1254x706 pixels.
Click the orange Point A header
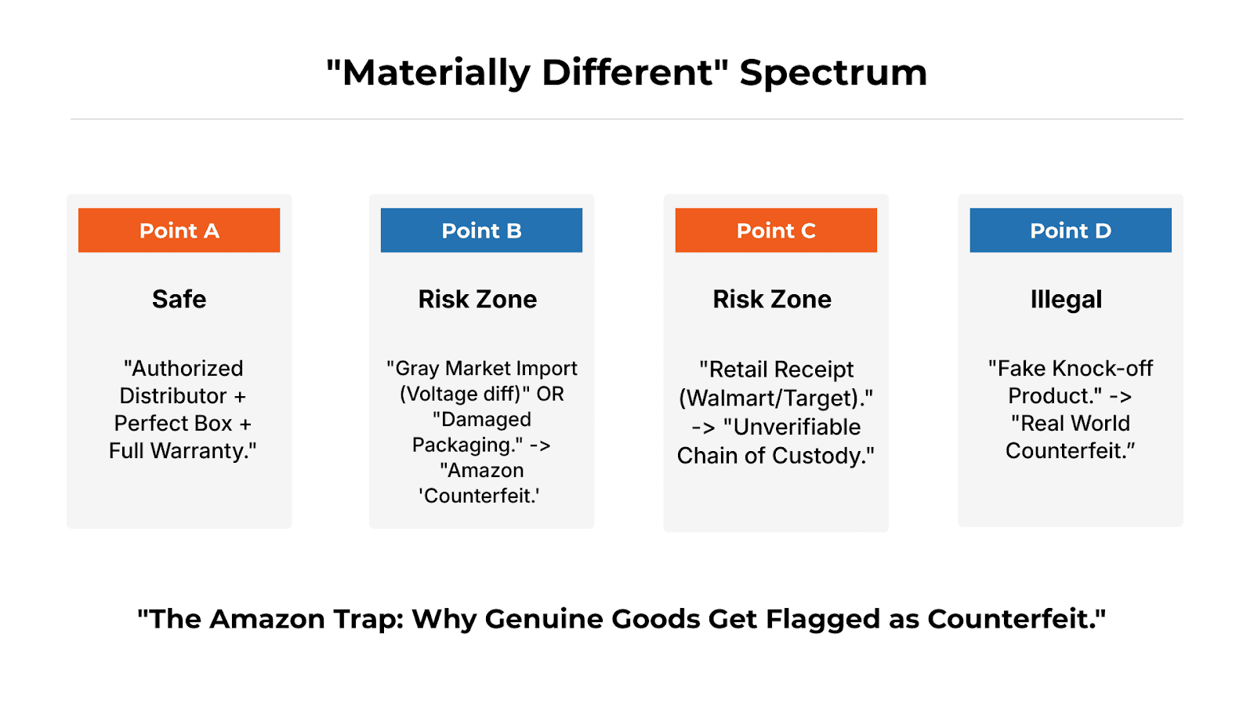179,230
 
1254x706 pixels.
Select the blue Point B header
481,230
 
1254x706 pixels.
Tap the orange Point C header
776,230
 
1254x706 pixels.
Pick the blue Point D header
1071,230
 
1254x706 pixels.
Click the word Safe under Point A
179,299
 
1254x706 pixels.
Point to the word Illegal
1066,299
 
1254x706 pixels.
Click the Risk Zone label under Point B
477,299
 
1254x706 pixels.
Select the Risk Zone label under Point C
772,299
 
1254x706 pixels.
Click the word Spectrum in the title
833,72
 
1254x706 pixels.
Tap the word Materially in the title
437,72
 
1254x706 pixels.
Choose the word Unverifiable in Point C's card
796,427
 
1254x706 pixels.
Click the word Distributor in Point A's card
172,396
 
